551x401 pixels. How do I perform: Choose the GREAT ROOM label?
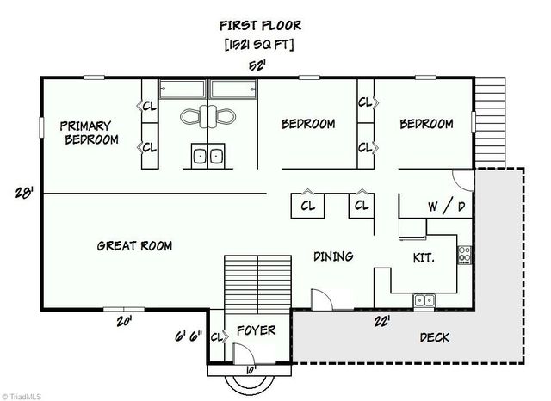tap(134, 246)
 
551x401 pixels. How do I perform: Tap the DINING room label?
tap(333, 256)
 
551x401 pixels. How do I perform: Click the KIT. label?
tap(423, 257)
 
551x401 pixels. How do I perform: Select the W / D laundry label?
tap(447, 207)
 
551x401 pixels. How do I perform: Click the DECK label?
tap(434, 337)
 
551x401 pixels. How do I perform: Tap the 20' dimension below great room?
tap(127, 322)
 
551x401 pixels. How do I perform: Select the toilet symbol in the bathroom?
tap(207, 115)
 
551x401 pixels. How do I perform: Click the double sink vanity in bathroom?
tap(207, 156)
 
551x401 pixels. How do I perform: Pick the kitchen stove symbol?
tap(464, 254)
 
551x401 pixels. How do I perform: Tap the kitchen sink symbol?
tap(424, 300)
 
